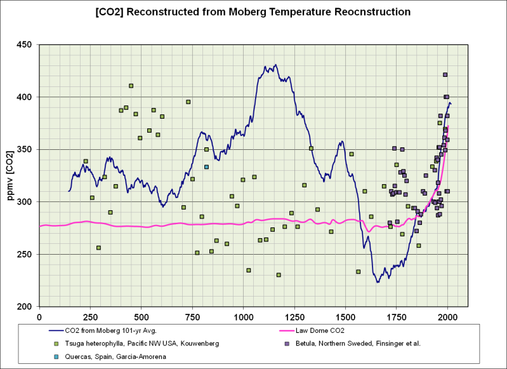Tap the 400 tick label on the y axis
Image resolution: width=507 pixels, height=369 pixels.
[26, 97]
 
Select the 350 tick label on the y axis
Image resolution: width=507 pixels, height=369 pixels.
[26, 150]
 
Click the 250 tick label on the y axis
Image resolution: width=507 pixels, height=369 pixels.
[26, 255]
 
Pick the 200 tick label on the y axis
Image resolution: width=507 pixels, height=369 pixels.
[26, 307]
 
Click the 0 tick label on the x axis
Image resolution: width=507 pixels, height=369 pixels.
[39, 316]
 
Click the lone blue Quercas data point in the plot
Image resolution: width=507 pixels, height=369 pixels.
[206, 167]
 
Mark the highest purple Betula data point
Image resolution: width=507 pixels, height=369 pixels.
[445, 75]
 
